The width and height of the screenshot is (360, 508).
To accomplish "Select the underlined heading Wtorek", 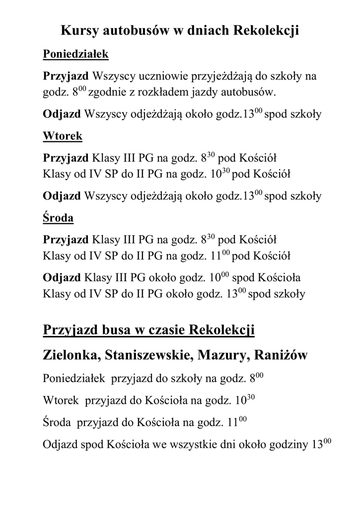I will click(63, 135).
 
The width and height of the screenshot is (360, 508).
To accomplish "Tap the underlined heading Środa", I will click(59, 217).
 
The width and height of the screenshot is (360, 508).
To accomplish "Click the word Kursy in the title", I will click(79, 31).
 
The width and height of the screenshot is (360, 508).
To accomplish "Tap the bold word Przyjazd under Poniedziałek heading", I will click(66, 77).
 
